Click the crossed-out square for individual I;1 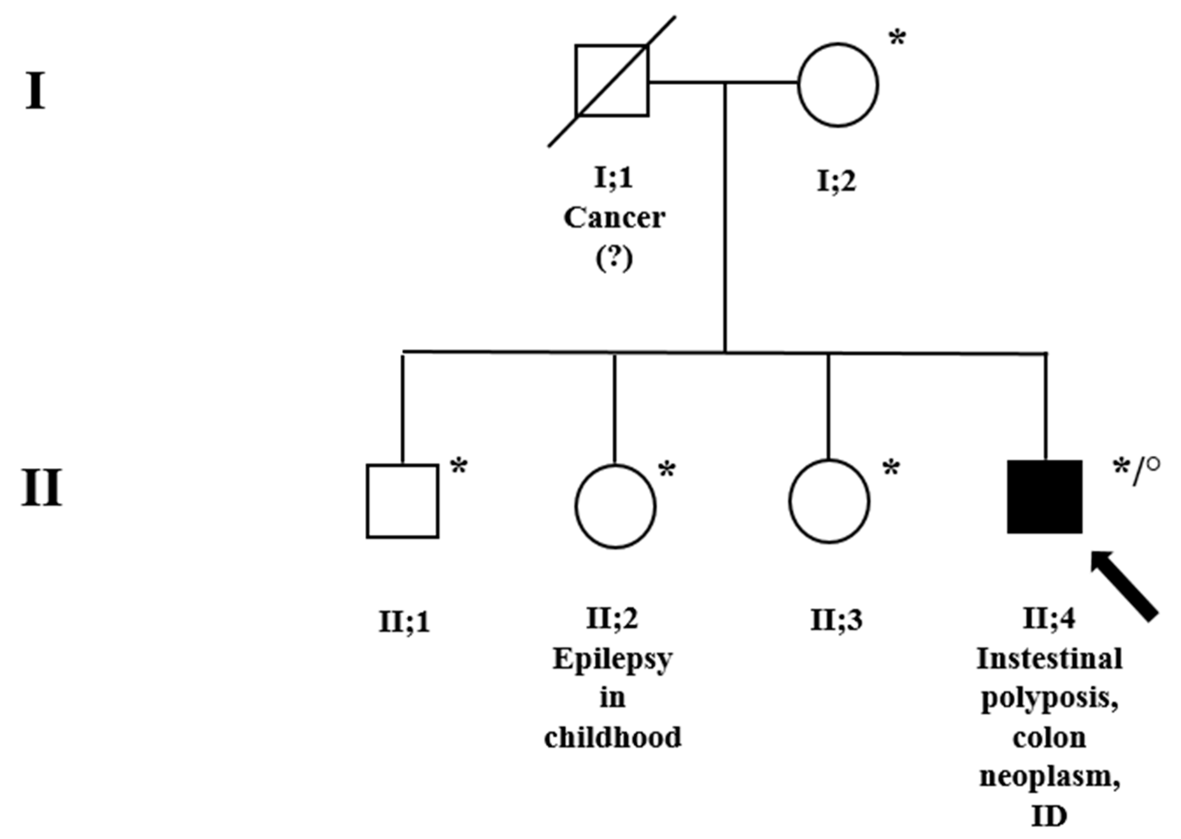point(612,81)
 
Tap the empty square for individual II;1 point(402,501)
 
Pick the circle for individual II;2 point(615,506)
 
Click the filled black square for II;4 point(1045,497)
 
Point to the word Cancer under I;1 point(614,218)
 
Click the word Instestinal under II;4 point(1049,659)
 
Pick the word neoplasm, point(1049,776)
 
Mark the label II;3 point(836,620)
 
